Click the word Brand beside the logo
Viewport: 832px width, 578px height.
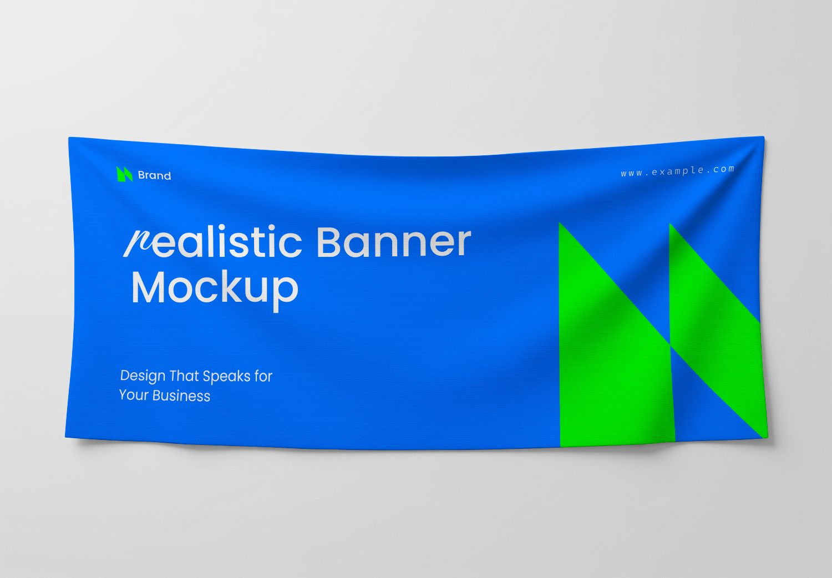pyautogui.click(x=154, y=175)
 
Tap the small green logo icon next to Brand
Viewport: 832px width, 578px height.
pyautogui.click(x=124, y=174)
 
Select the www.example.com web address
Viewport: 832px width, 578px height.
pyautogui.click(x=677, y=171)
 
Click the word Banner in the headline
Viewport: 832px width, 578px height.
pyautogui.click(x=393, y=242)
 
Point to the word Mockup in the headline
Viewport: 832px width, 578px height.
pyautogui.click(x=215, y=288)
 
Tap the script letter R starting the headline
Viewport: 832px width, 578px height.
pyautogui.click(x=137, y=243)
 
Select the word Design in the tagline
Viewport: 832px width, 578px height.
pyautogui.click(x=143, y=376)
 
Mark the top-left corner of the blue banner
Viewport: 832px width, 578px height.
pyautogui.click(x=69, y=138)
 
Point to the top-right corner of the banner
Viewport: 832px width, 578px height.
pyautogui.click(x=763, y=138)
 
